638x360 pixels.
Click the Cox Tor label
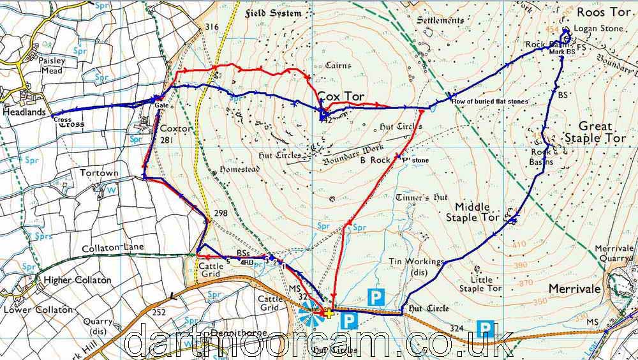pyautogui.click(x=341, y=96)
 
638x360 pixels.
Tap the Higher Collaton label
pyautogui.click(x=77, y=280)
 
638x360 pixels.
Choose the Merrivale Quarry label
pyautogui.click(x=612, y=252)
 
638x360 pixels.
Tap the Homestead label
pyautogui.click(x=235, y=170)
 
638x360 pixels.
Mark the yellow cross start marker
pyautogui.click(x=328, y=313)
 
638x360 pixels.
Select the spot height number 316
pyautogui.click(x=212, y=26)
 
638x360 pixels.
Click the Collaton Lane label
pyautogui.click(x=114, y=247)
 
